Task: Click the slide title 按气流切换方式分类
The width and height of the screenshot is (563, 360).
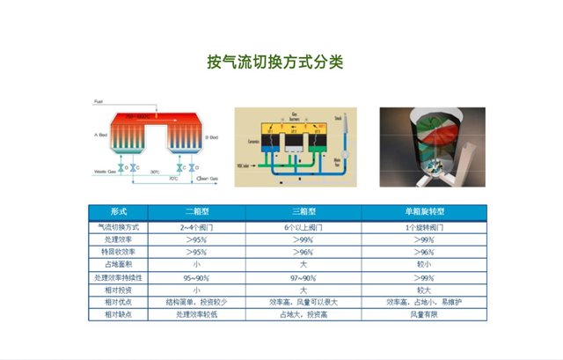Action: pos(274,62)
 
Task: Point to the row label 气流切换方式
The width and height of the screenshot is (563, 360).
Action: pos(120,227)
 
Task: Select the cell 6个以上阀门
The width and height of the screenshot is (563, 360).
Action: pos(303,227)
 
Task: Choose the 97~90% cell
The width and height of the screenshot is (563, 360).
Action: pos(303,276)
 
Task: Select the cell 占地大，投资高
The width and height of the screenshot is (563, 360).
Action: pos(303,313)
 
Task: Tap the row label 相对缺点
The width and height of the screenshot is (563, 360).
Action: pos(120,313)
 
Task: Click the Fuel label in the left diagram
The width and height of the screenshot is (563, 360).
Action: pos(99,102)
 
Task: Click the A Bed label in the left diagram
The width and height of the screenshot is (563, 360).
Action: pos(102,136)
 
